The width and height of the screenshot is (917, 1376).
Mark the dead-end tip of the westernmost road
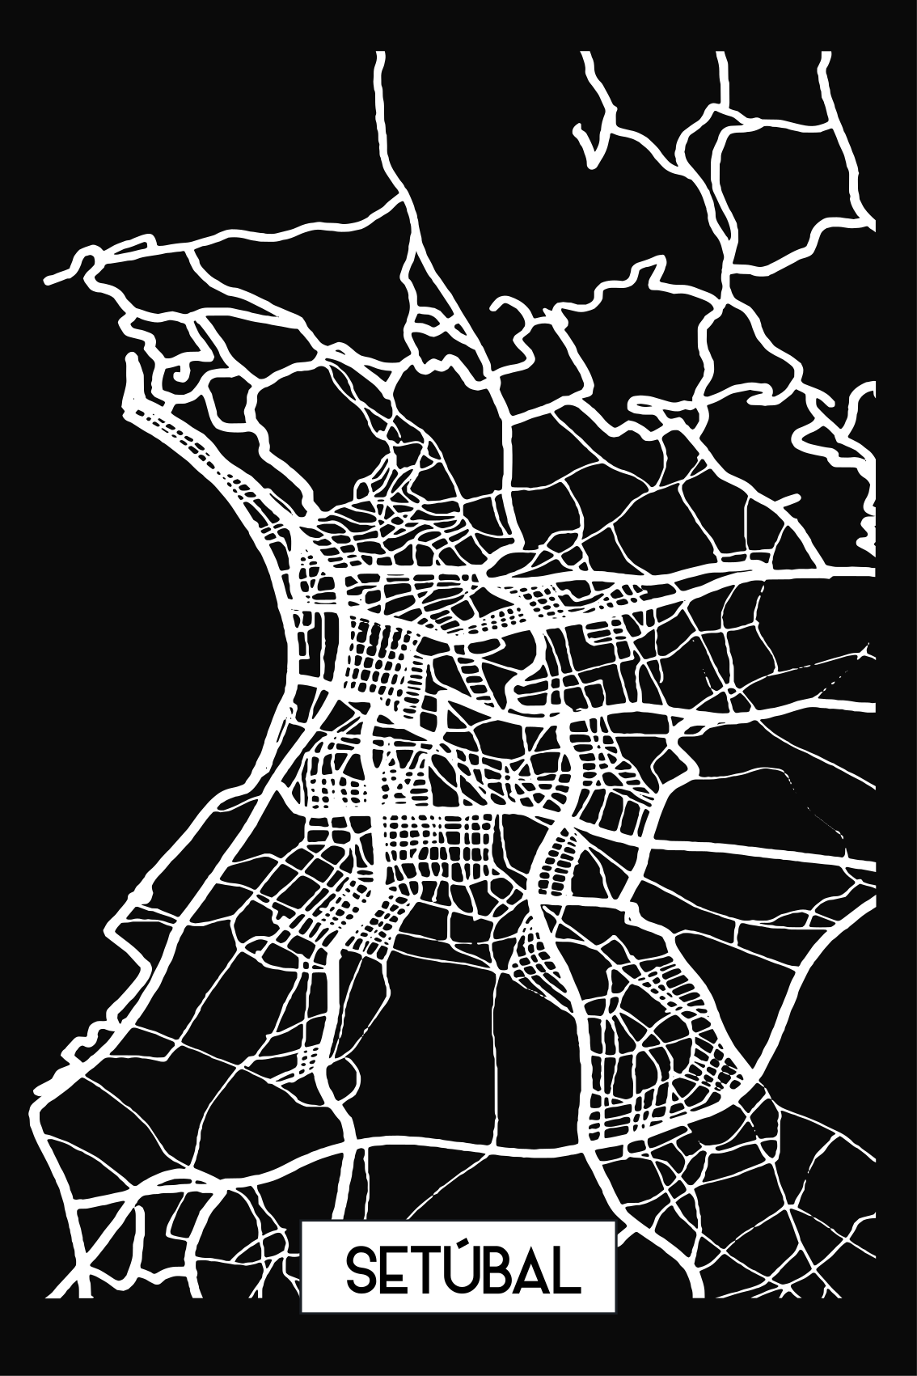[x=47, y=282]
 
